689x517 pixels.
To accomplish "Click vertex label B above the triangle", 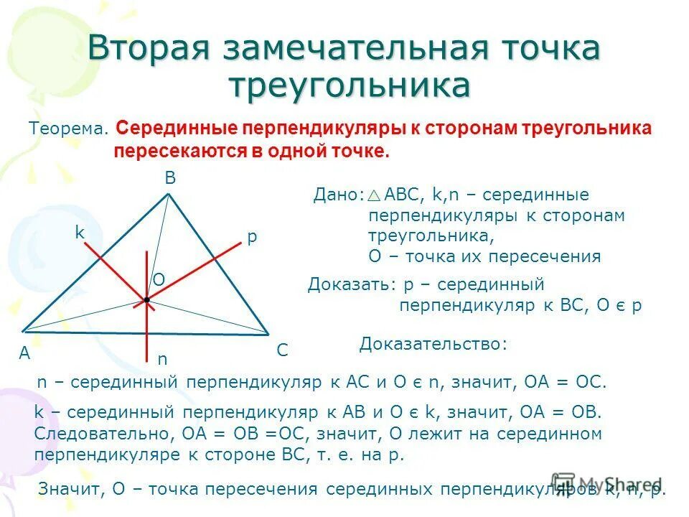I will (x=170, y=179).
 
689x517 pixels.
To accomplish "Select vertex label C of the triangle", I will (x=282, y=350).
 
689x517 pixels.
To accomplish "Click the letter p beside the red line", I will (x=251, y=238).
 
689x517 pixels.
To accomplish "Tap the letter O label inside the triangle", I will (x=159, y=279).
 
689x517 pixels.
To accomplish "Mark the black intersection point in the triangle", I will (x=146, y=299).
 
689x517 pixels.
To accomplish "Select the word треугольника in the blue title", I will (x=350, y=85).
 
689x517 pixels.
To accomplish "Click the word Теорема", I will (x=68, y=129).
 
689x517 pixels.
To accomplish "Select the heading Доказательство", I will (x=433, y=345).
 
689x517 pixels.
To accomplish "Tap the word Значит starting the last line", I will (x=71, y=490).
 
